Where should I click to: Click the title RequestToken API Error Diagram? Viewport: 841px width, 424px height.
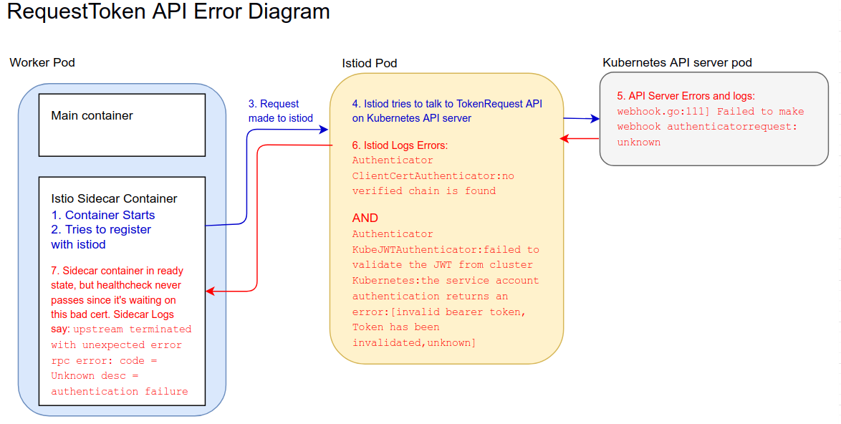pyautogui.click(x=168, y=11)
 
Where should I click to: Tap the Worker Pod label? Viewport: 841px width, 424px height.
pyautogui.click(x=42, y=63)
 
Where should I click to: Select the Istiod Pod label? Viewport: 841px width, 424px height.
pyautogui.click(x=370, y=63)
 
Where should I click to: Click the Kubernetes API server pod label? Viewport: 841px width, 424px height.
pyautogui.click(x=677, y=63)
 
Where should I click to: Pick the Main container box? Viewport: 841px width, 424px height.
pyautogui.click(x=122, y=125)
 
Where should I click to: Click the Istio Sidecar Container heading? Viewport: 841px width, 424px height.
pyautogui.click(x=114, y=198)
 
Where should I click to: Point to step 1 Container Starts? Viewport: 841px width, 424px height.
pyautogui.click(x=103, y=215)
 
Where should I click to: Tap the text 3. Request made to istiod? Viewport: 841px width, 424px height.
pyautogui.click(x=281, y=111)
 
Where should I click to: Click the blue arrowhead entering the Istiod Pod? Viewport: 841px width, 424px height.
pyautogui.click(x=323, y=129)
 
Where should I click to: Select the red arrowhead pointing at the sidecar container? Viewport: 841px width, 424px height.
pyautogui.click(x=211, y=291)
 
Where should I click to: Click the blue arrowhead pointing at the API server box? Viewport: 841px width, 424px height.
pyautogui.click(x=595, y=118)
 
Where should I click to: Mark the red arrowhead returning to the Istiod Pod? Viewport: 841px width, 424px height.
pyautogui.click(x=564, y=138)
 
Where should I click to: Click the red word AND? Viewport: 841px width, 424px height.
pyautogui.click(x=365, y=218)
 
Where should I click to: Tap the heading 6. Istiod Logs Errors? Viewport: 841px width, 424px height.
pyautogui.click(x=400, y=145)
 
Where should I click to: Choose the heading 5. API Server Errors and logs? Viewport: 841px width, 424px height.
pyautogui.click(x=686, y=96)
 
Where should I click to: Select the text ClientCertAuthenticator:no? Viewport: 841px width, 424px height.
pyautogui.click(x=433, y=175)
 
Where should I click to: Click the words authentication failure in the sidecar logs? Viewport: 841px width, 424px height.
pyautogui.click(x=120, y=391)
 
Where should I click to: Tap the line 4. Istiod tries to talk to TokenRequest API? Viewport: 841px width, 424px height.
pyautogui.click(x=447, y=104)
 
